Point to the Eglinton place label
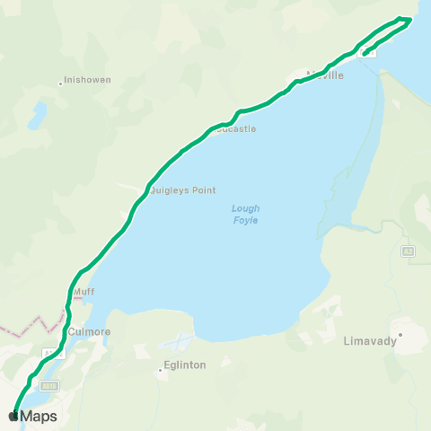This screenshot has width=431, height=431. [184, 365]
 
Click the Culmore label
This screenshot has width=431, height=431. [89, 331]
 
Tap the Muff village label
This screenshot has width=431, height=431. [84, 291]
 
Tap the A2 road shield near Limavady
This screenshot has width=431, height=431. [408, 251]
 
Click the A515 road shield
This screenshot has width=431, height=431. [49, 385]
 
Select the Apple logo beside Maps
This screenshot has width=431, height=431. [13, 417]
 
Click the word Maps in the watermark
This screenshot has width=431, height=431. [40, 417]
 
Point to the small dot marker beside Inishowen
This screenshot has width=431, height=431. [61, 83]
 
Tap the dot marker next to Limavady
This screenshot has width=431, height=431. [401, 335]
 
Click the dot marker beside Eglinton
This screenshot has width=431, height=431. [160, 368]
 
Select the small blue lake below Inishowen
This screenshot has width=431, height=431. [38, 115]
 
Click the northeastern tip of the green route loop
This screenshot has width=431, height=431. [409, 19]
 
